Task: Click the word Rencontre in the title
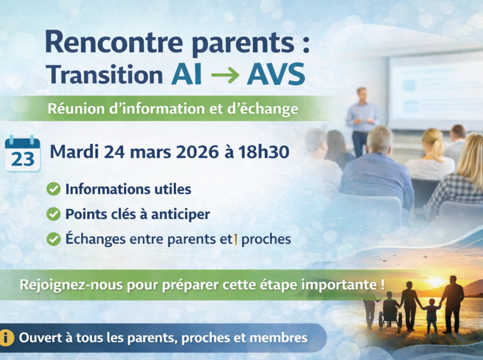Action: pyautogui.click(x=114, y=42)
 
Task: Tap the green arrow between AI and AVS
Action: pyautogui.click(x=225, y=75)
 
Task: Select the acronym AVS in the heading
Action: pyautogui.click(x=276, y=74)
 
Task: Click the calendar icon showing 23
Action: pyautogui.click(x=22, y=153)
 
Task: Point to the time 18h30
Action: pyautogui.click(x=264, y=152)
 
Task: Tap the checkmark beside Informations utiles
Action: pyautogui.click(x=53, y=189)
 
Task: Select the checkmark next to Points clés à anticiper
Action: pyautogui.click(x=53, y=214)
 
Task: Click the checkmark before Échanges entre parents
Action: pyautogui.click(x=53, y=239)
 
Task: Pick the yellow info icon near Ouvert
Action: pyautogui.click(x=7, y=338)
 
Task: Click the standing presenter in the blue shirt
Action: pyautogui.click(x=361, y=121)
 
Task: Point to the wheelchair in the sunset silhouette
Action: pyautogui.click(x=390, y=317)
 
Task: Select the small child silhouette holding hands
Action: pyautogui.click(x=431, y=316)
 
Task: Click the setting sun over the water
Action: pyautogui.click(x=435, y=281)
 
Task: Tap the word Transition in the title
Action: pyautogui.click(x=104, y=74)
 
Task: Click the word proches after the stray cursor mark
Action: pyautogui.click(x=266, y=240)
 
